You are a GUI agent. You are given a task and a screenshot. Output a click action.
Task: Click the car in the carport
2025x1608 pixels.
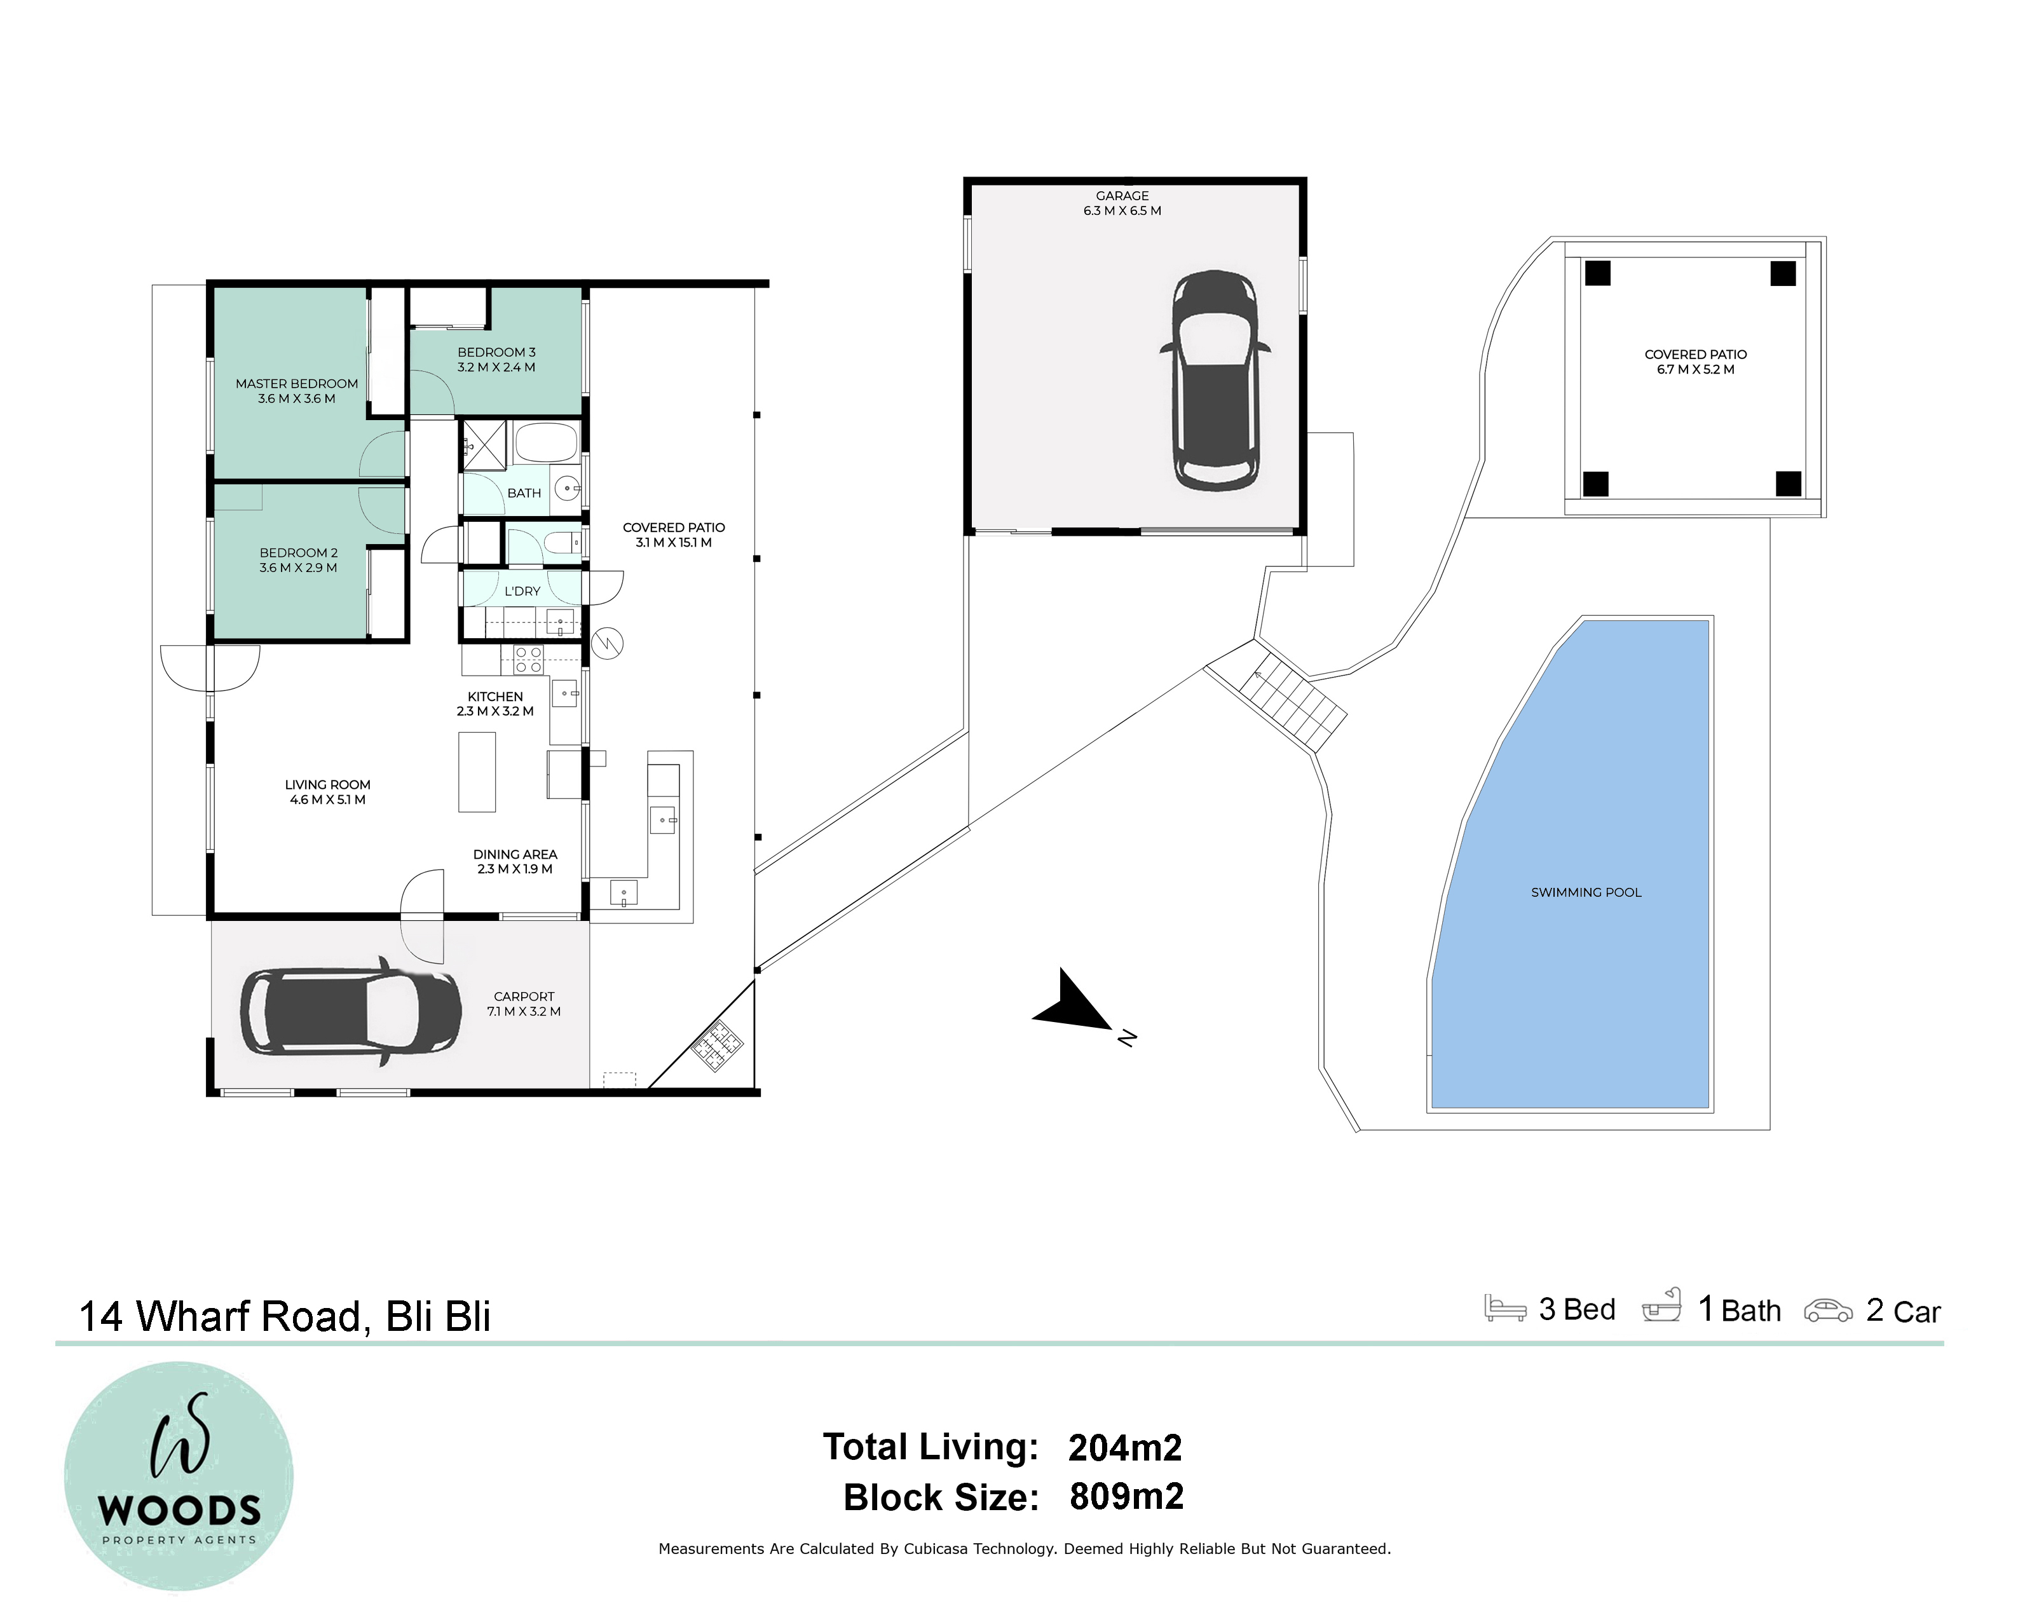(x=350, y=1012)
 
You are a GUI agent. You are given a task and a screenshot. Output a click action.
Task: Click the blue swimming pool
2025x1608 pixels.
(x=1571, y=864)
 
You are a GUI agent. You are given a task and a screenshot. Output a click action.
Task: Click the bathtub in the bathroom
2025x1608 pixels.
(x=546, y=442)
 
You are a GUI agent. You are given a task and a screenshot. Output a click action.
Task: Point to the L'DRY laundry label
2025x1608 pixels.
(x=522, y=592)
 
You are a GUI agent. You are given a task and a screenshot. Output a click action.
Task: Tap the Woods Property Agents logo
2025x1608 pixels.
(x=179, y=1476)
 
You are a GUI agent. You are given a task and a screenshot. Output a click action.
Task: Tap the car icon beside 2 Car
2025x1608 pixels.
(x=1828, y=1311)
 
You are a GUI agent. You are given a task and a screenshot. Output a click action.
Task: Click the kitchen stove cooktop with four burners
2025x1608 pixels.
(x=529, y=659)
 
